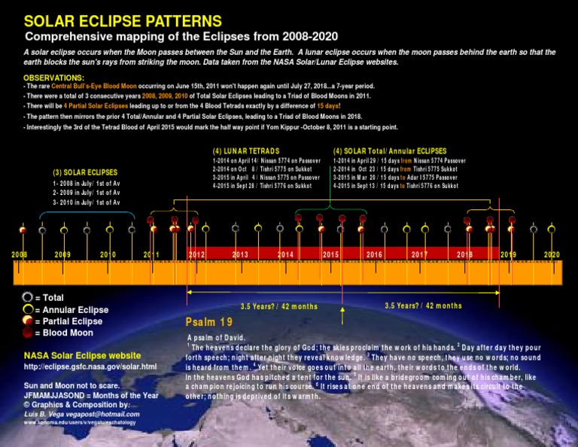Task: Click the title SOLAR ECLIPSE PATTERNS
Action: tap(123, 21)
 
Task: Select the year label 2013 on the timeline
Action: tap(240, 255)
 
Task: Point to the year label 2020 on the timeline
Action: tap(552, 255)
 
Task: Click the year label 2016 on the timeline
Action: tap(374, 255)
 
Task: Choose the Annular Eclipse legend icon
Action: tap(28, 309)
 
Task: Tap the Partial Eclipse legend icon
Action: tap(28, 321)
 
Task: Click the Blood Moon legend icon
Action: tap(28, 333)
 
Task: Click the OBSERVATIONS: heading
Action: tap(54, 78)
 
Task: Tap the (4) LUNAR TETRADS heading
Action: tap(248, 150)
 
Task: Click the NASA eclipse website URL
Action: tap(90, 366)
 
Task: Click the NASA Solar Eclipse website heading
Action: tap(82, 355)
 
